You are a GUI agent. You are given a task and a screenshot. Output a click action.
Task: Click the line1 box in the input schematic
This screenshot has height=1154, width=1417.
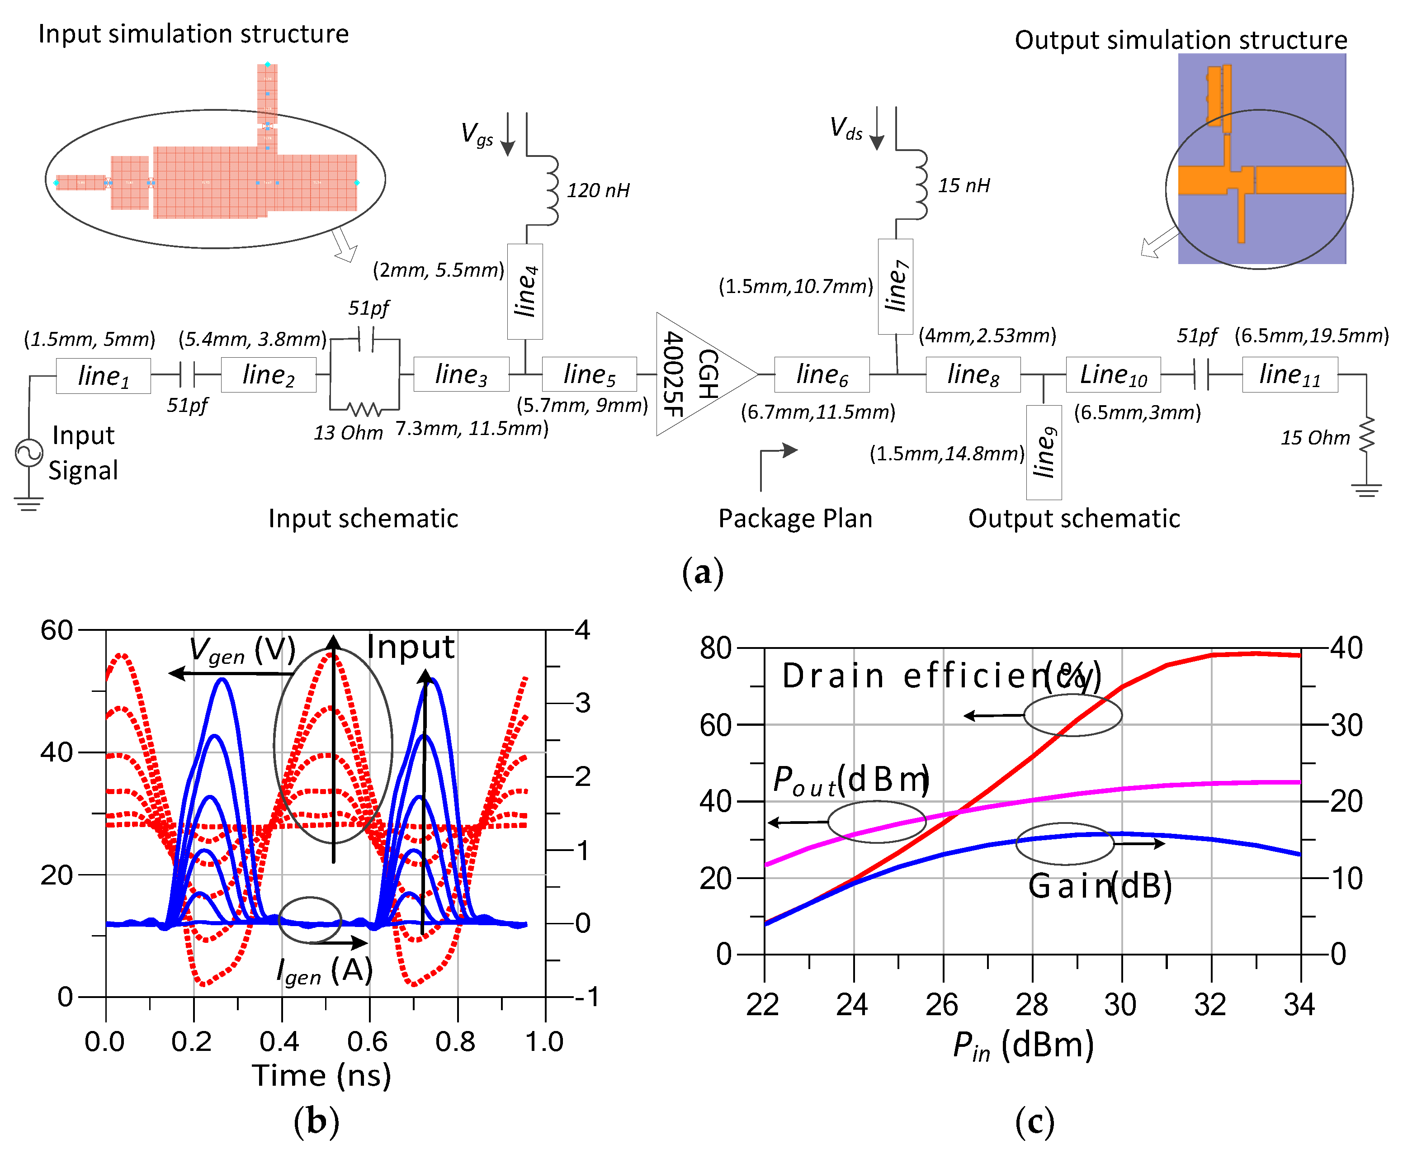tap(103, 376)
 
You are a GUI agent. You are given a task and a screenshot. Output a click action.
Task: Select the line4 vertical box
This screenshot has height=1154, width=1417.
tap(524, 291)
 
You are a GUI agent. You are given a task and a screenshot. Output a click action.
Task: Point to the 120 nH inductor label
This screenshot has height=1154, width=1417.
tap(598, 191)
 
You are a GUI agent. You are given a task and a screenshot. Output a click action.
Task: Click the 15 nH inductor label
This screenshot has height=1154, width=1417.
tap(963, 185)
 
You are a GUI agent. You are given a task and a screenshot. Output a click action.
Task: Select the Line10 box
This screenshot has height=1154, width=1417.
tap(1113, 374)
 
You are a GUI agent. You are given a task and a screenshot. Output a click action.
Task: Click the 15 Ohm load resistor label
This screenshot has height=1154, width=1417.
tap(1315, 437)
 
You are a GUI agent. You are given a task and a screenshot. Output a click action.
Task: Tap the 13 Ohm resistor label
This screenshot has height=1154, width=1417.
tap(348, 433)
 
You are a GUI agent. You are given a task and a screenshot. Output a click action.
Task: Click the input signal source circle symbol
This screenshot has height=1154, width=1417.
tap(29, 454)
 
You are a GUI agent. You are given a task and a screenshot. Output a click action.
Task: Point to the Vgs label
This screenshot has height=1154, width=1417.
tap(477, 133)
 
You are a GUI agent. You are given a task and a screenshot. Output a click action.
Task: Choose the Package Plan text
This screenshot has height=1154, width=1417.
tap(795, 519)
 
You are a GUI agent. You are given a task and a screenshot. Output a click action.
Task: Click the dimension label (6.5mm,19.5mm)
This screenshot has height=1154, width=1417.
tap(1311, 336)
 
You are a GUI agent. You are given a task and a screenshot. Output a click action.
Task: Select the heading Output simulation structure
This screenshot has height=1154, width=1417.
tap(1181, 40)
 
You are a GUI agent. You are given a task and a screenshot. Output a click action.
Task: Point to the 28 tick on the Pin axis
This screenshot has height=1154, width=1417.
tap(1031, 1004)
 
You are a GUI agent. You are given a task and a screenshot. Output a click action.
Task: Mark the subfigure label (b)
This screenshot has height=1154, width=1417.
tap(316, 1121)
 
